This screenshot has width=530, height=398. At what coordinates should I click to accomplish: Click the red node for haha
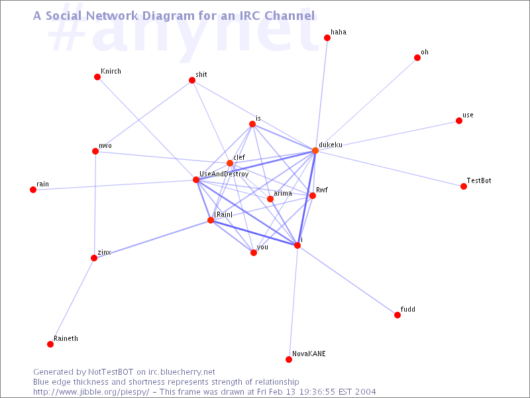pos(327,38)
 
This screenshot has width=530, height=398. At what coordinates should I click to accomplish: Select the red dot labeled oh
pos(417,58)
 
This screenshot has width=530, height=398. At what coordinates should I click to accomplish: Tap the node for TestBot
pos(463,186)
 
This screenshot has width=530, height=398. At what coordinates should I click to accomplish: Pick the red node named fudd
pos(397,315)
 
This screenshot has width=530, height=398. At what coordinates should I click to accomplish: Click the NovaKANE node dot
pos(288,360)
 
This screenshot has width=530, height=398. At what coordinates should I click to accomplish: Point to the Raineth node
pos(50,344)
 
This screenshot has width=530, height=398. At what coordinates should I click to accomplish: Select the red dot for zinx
pos(94,258)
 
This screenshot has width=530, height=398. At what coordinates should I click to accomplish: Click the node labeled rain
pos(32,190)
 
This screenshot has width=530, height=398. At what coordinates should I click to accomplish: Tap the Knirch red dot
pos(97,77)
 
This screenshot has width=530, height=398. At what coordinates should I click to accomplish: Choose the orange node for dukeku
pos(315,151)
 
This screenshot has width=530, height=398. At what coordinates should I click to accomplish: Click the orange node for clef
pos(229,163)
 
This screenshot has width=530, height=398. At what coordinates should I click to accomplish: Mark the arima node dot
pos(270,198)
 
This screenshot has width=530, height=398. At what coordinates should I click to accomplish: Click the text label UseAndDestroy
pos(224,174)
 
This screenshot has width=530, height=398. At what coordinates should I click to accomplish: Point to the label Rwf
pos(322,190)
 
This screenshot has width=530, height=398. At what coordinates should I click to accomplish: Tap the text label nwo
pos(105,145)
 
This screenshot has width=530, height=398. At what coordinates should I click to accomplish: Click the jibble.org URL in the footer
pos(91,392)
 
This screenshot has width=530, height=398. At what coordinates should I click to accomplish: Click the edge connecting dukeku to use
pos(387,135)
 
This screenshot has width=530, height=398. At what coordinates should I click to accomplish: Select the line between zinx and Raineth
pos(72,301)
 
